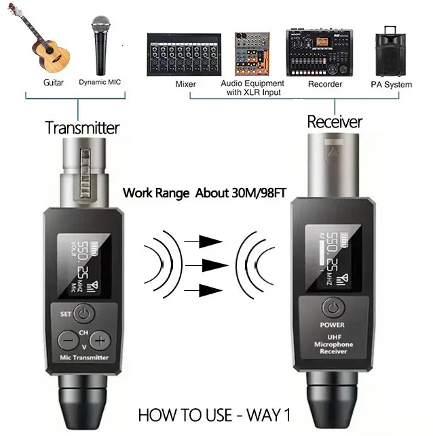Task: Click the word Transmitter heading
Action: point(82,127)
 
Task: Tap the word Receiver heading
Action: point(335,122)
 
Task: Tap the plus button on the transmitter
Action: point(100,340)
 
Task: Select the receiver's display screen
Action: point(332,258)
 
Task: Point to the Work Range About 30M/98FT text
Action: point(203,193)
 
